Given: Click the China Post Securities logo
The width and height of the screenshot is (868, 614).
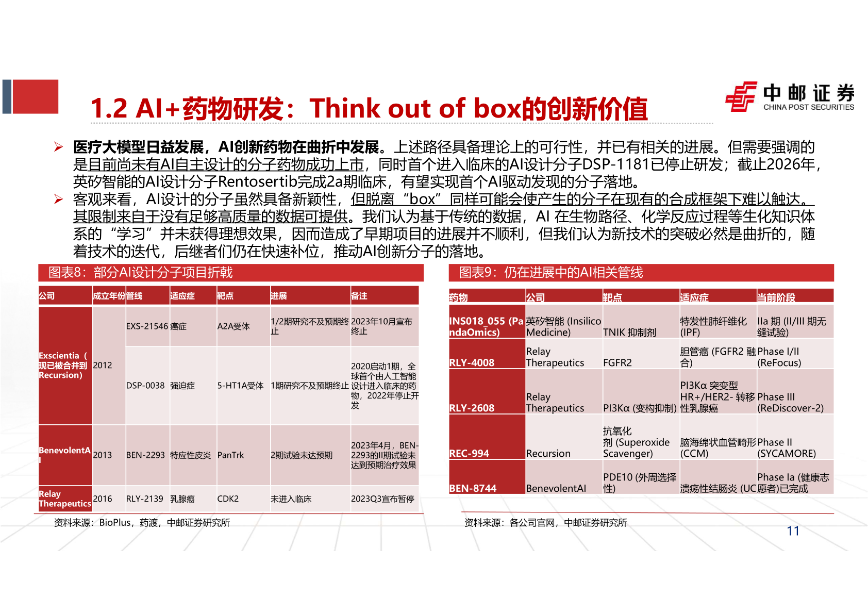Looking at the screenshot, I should (x=789, y=97).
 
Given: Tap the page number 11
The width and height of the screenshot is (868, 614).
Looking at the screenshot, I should (x=793, y=531).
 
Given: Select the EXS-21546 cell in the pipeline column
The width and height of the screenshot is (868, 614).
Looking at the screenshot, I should (x=147, y=326).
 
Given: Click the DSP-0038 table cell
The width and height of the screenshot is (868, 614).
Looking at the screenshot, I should (x=145, y=386).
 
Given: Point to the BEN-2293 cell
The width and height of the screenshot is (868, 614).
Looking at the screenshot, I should (x=145, y=455).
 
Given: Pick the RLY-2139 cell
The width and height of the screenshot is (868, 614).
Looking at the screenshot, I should (x=145, y=499).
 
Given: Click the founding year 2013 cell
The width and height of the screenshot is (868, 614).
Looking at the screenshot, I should (x=103, y=455).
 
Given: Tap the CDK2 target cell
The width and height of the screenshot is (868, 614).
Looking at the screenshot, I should (x=228, y=499).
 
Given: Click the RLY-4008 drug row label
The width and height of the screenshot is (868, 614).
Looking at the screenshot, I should (x=472, y=362).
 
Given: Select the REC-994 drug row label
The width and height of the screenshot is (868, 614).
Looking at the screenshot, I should (x=469, y=453).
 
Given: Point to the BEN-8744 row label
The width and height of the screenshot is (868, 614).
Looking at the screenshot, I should (x=473, y=488).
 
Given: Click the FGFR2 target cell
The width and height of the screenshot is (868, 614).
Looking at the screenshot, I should (x=617, y=362).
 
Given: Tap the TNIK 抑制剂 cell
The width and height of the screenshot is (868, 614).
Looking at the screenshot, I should (x=629, y=333).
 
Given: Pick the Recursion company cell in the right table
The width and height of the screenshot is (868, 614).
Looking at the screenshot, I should (x=548, y=453).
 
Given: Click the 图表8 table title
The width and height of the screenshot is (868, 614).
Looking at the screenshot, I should (x=141, y=273).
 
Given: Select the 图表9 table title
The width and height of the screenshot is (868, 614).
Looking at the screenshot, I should (x=551, y=273).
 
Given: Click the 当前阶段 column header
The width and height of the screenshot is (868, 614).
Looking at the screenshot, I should (x=776, y=297).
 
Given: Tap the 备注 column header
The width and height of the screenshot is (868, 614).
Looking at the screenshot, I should (x=359, y=296).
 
